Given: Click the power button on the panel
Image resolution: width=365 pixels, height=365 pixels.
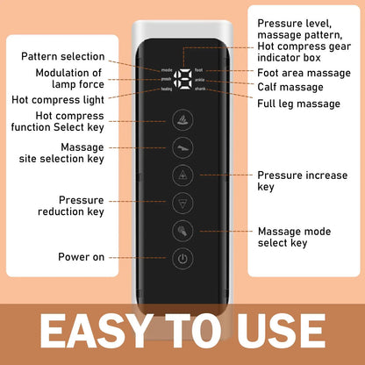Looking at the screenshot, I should point(181,258).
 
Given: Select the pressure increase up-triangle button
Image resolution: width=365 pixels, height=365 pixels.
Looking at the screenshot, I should point(181,175).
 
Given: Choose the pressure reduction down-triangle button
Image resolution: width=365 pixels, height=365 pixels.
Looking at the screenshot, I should point(181,203).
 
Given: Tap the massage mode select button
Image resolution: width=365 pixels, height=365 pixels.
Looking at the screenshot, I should point(181,232).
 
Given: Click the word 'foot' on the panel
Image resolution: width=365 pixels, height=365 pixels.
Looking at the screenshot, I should point(198,69).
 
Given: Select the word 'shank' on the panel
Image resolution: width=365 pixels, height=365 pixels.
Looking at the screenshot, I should point(200,89).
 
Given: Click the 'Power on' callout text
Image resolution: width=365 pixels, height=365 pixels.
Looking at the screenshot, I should point(82,257).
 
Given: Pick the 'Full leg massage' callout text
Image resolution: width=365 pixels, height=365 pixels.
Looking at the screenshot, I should point(299,104).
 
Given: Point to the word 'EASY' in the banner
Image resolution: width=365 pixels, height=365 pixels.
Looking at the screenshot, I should point(95,333).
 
